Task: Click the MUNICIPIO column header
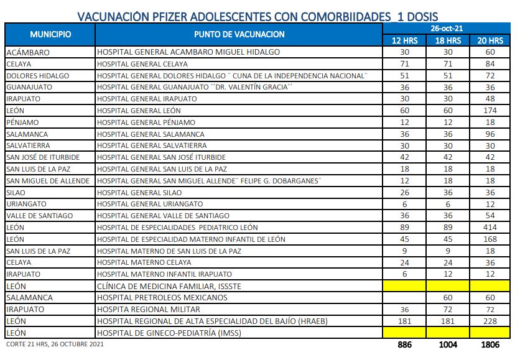[50, 34]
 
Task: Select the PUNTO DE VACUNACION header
[239, 34]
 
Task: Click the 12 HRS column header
[404, 40]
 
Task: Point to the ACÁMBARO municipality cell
[27, 52]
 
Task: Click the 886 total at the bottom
[404, 344]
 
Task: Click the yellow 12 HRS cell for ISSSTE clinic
[404, 286]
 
